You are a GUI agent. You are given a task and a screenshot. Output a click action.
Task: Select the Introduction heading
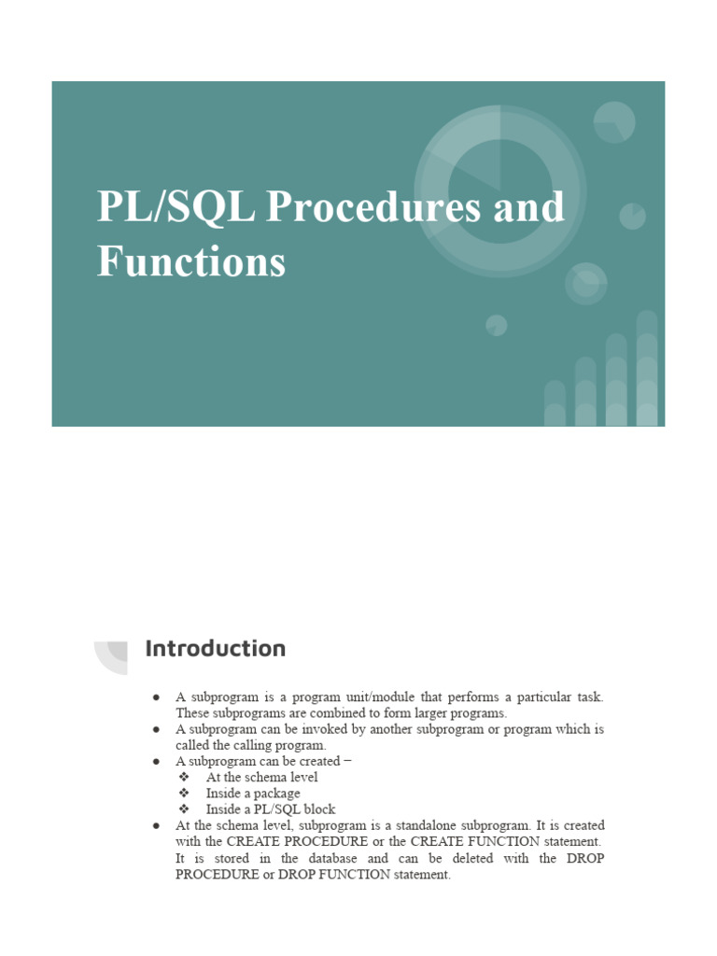[215, 648]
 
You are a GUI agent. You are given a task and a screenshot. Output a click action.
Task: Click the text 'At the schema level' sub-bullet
[261, 777]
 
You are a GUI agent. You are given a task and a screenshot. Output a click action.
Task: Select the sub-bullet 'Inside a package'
[253, 794]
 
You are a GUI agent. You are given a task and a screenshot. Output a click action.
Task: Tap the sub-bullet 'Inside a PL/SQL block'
[271, 809]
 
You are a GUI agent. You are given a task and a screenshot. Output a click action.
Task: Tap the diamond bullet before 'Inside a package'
[184, 794]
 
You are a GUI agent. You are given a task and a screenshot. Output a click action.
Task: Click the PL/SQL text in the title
[176, 207]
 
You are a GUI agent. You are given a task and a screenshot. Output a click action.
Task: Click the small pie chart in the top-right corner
[614, 122]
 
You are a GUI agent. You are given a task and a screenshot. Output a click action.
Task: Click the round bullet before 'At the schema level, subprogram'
[156, 826]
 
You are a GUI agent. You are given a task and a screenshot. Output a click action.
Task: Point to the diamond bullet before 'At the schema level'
[184, 777]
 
